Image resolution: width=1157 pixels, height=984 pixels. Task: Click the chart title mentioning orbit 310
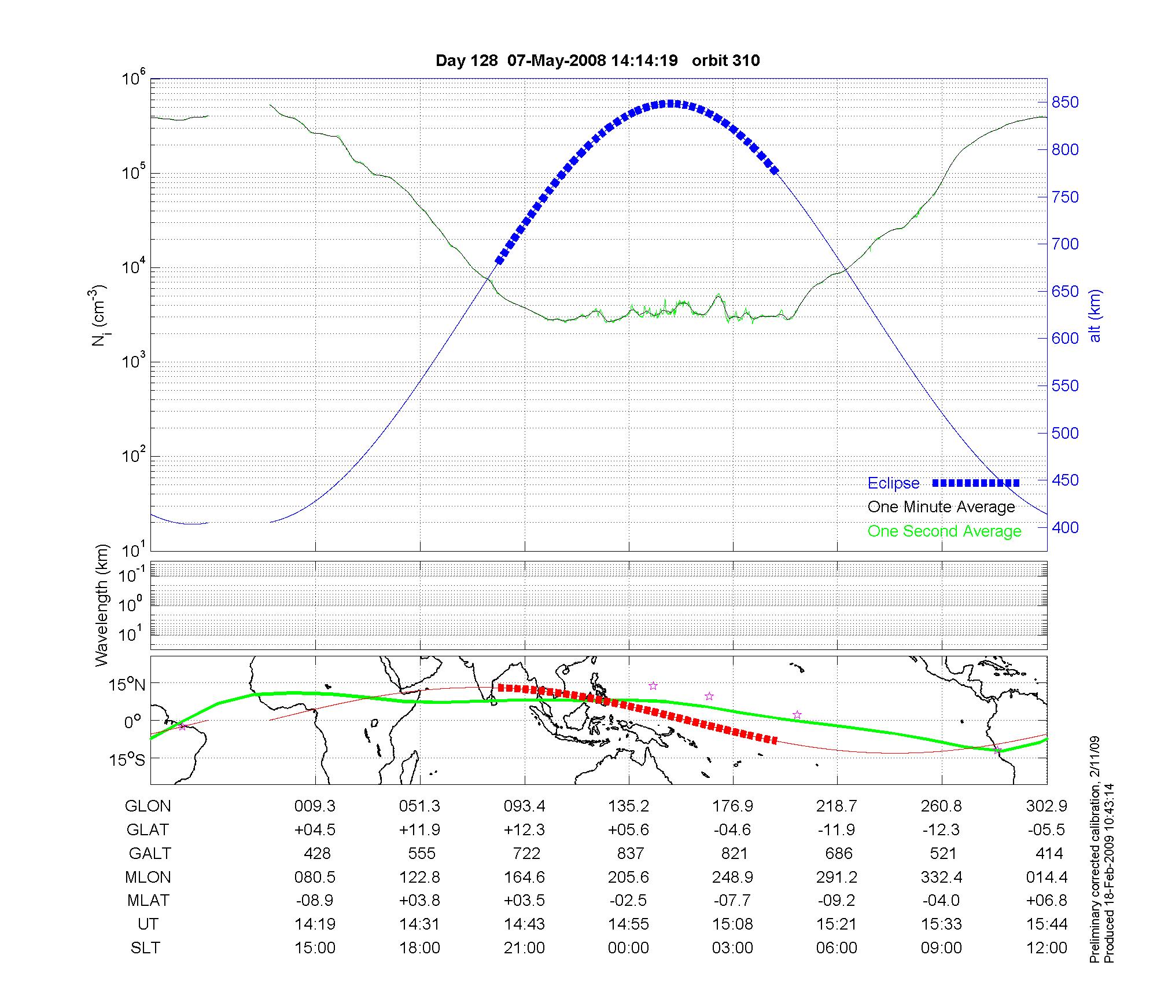tap(598, 61)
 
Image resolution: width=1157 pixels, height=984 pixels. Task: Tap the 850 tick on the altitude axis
tap(1065, 102)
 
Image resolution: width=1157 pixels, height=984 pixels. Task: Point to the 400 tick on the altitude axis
tap(1065, 527)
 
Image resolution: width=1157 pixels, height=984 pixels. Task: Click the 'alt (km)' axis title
tap(1095, 316)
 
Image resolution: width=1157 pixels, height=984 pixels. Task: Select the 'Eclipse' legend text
tap(893, 483)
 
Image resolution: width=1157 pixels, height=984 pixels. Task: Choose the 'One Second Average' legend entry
tap(944, 531)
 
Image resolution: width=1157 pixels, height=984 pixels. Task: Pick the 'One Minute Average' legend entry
tap(941, 507)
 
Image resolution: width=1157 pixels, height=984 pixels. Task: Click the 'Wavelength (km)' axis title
tap(102, 605)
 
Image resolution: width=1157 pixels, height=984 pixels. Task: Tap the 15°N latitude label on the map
tap(127, 685)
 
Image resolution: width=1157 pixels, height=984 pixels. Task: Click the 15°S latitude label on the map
tap(127, 759)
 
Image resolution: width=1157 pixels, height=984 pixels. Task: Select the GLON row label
tap(148, 806)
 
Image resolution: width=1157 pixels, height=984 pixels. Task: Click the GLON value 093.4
tap(524, 806)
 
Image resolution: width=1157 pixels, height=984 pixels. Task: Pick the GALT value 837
tap(630, 854)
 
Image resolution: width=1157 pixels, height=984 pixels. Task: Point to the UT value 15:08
tap(732, 924)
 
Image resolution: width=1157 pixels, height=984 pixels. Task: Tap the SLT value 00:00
tap(628, 948)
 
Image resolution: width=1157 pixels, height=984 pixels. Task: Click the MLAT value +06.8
tap(1046, 901)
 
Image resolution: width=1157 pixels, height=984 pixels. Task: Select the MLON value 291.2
tap(837, 877)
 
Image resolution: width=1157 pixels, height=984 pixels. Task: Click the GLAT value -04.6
tap(732, 830)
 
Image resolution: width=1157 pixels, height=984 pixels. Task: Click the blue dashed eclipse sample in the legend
tap(976, 483)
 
